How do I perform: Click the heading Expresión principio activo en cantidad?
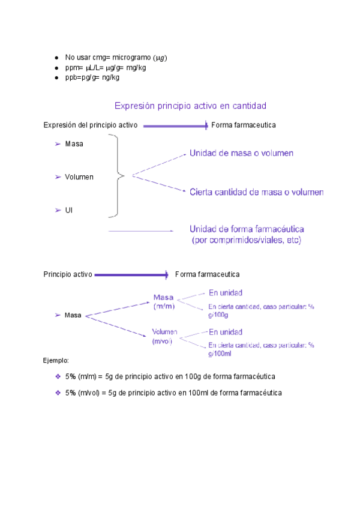(190, 106)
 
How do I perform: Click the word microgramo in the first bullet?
(132, 58)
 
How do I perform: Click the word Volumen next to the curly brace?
(79, 177)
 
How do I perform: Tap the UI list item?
(69, 210)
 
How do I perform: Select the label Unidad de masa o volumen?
(241, 153)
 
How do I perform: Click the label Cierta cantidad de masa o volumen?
(256, 192)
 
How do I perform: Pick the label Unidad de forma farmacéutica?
(247, 229)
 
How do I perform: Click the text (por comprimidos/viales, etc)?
(246, 240)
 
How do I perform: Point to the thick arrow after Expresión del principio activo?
(175, 125)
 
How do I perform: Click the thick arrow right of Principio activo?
(131, 275)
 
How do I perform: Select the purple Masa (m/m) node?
(163, 301)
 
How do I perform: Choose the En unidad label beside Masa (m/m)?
(226, 293)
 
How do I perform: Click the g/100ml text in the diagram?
(220, 354)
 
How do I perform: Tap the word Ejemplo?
(56, 361)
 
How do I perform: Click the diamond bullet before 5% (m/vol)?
(58, 393)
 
